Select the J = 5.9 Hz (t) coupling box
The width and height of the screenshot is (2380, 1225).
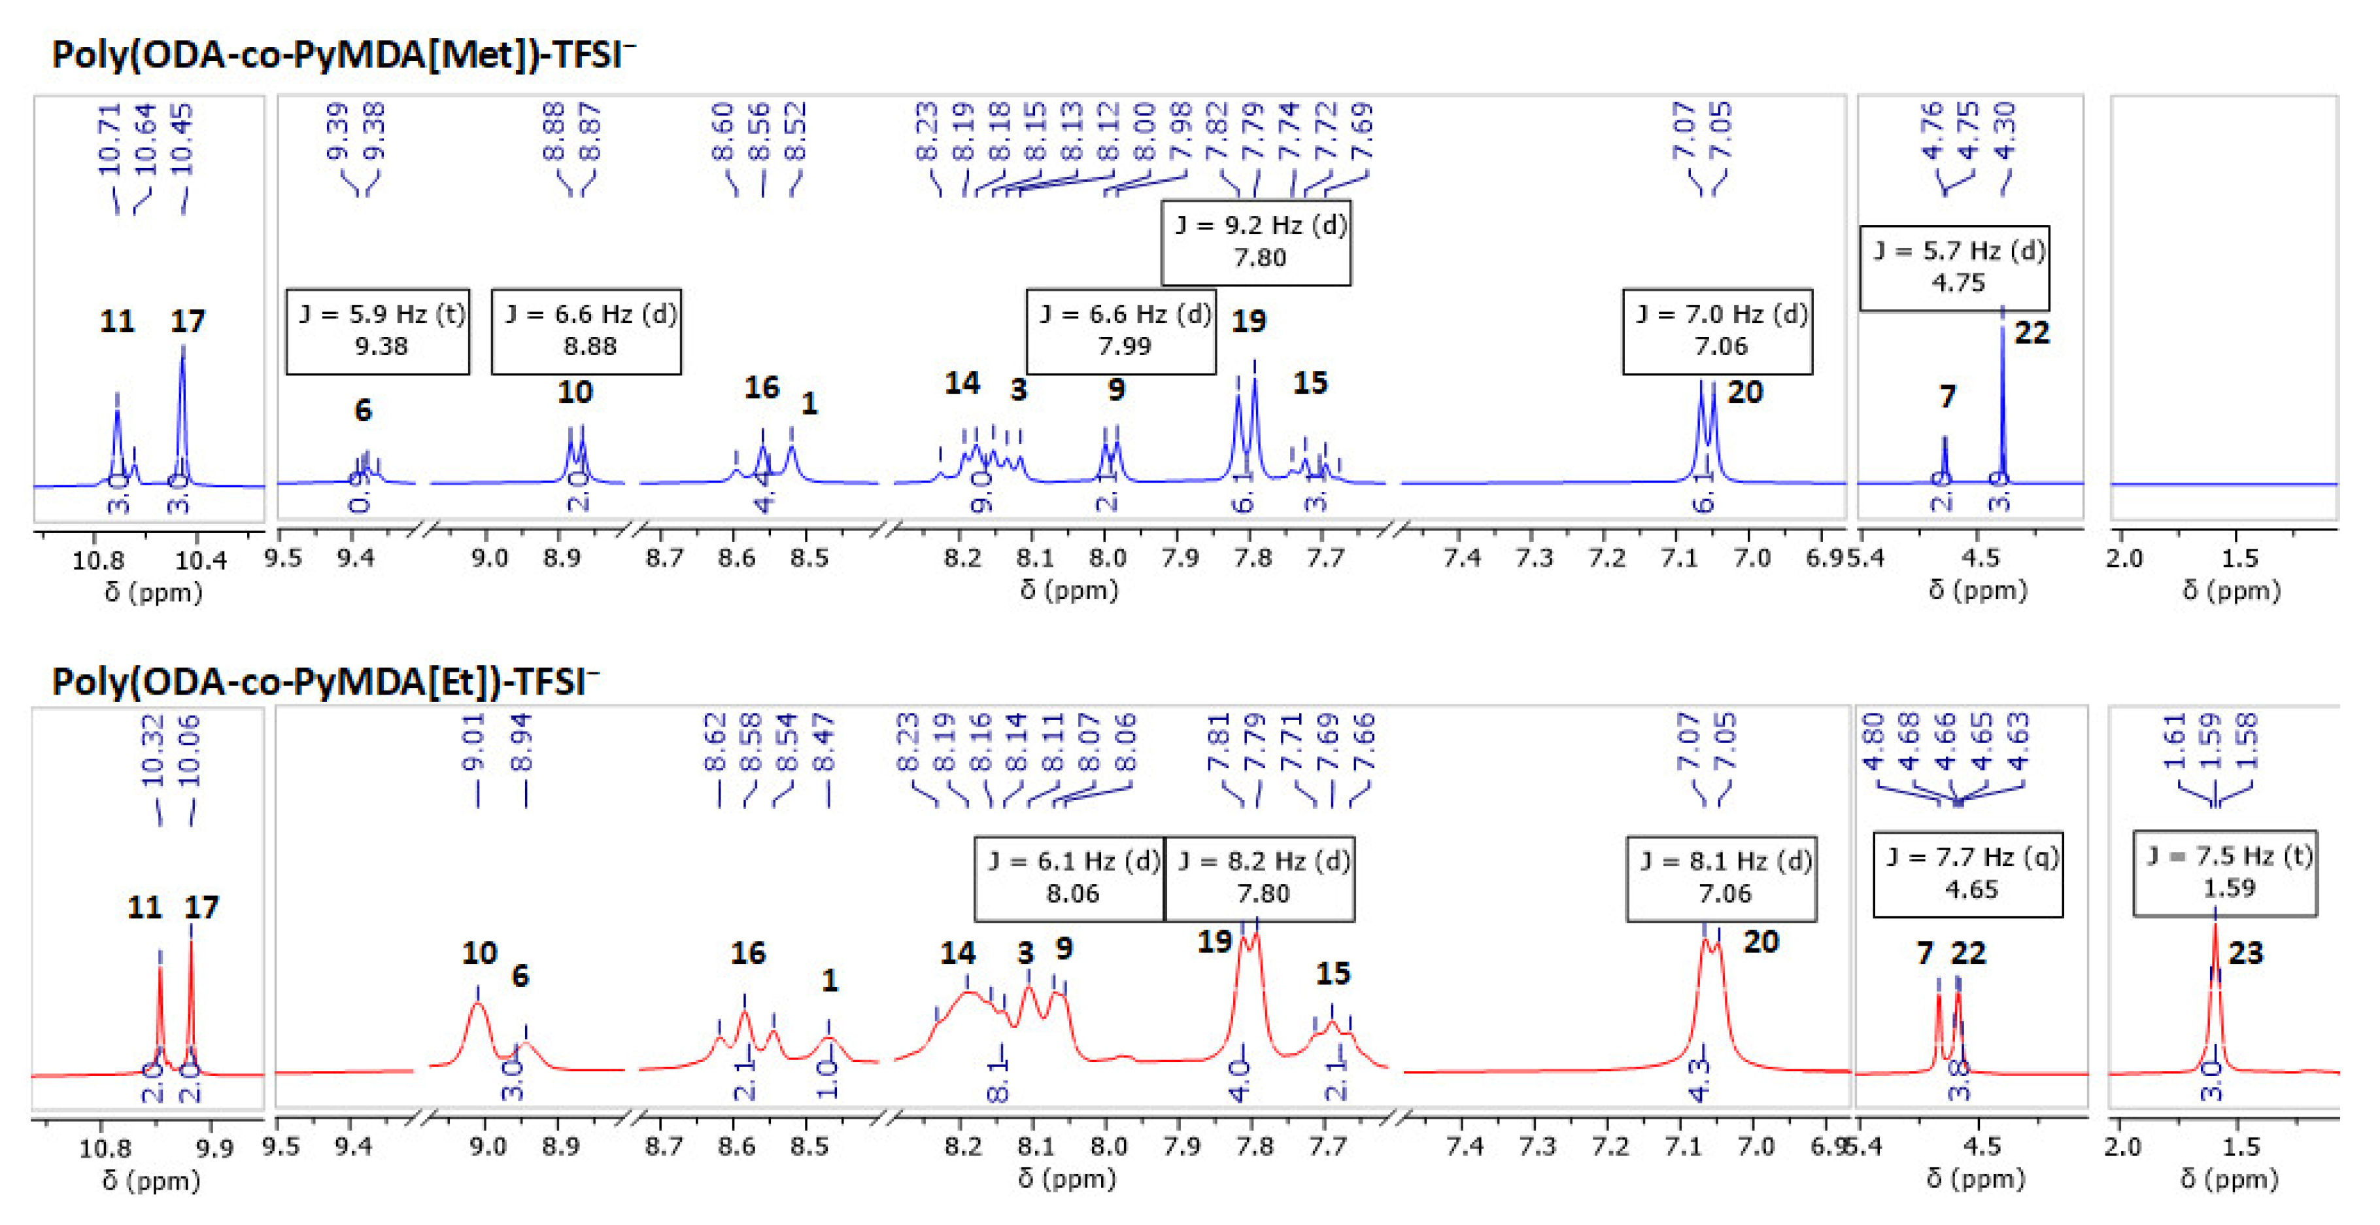click(378, 331)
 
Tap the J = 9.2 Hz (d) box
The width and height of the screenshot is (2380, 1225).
click(1255, 242)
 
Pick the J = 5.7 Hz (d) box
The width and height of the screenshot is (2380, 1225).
click(1954, 267)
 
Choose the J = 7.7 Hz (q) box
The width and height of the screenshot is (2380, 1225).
click(1968, 873)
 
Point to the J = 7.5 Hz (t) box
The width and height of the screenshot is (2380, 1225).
click(2225, 872)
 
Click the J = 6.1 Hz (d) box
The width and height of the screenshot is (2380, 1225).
click(1070, 878)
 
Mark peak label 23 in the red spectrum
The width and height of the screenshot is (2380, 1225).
click(2245, 952)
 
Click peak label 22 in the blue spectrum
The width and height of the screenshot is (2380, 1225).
click(2031, 333)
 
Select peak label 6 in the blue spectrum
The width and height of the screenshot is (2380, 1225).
click(363, 409)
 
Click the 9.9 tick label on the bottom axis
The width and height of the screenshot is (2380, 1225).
click(214, 1148)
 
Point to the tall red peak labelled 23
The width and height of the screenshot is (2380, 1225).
click(2215, 979)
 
